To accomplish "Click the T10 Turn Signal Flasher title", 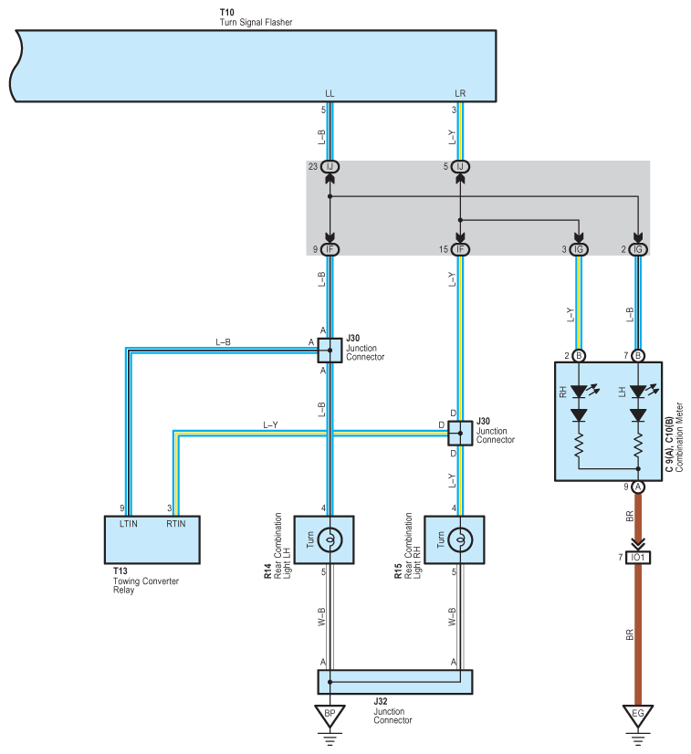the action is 256,17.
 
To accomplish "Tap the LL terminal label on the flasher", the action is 330,93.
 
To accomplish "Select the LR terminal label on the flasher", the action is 460,93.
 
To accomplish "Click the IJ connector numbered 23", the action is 330,167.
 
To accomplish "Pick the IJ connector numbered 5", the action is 460,167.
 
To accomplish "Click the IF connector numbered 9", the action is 330,249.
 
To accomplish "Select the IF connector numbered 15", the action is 460,249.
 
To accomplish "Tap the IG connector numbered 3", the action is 579,249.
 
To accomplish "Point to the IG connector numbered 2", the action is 638,249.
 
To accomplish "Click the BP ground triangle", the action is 330,714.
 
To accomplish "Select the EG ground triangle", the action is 638,714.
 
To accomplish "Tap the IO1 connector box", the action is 638,558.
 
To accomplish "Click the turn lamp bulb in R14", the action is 330,540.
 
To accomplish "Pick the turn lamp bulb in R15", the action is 460,540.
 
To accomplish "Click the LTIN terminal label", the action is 129,524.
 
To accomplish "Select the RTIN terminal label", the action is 176,524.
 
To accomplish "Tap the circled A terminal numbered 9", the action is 638,487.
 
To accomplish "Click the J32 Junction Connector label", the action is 393,711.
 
